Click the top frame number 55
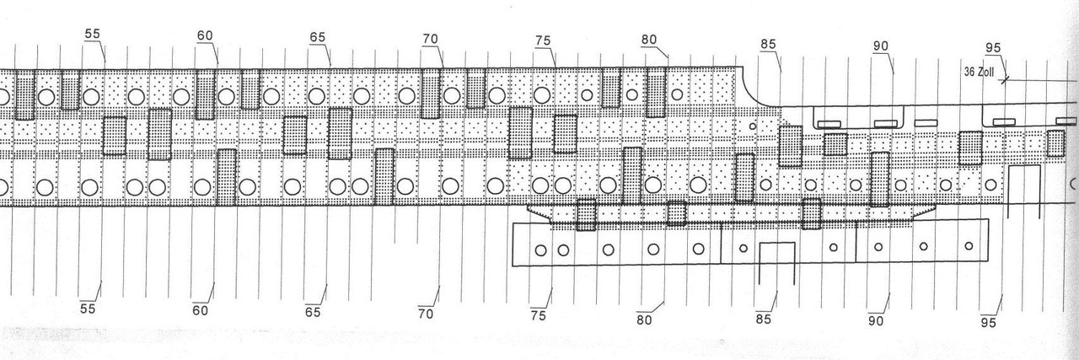93,33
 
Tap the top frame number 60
205,36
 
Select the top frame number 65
318,38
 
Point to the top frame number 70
430,39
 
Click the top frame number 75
543,40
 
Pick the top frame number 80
649,40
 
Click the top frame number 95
995,46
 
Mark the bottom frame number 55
88,309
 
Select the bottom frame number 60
201,310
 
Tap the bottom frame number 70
426,314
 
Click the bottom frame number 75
539,315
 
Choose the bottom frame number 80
645,320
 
